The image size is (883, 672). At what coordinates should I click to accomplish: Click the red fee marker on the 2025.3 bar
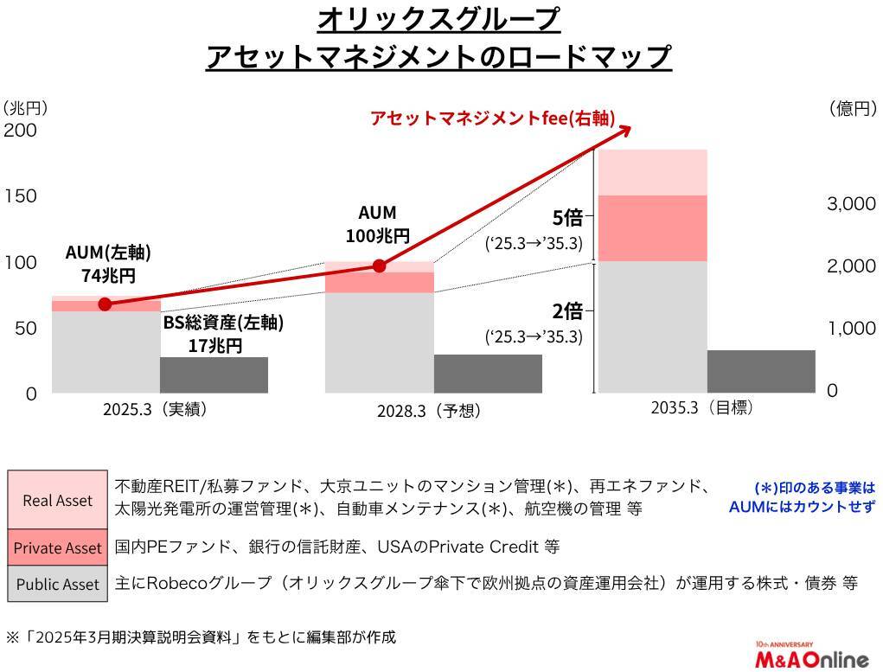(x=105, y=304)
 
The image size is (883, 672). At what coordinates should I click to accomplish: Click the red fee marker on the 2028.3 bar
(x=379, y=266)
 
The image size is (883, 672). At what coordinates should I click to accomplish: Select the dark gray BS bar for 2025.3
(x=214, y=374)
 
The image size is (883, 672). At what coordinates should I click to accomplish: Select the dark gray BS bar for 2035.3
(x=761, y=371)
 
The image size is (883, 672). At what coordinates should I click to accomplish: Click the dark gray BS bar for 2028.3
(x=488, y=373)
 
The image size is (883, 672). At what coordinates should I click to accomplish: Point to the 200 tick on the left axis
(x=21, y=131)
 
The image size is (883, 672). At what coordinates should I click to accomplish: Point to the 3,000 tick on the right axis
(x=851, y=204)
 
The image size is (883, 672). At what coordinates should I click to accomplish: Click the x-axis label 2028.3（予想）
(x=428, y=412)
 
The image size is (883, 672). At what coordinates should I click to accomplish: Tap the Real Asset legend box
(x=57, y=500)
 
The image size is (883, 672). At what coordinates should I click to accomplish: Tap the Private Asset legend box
(x=57, y=547)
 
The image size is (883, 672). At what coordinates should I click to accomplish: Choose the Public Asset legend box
(x=57, y=584)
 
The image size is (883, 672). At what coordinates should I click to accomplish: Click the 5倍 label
(x=567, y=217)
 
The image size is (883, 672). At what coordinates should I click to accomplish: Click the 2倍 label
(x=567, y=310)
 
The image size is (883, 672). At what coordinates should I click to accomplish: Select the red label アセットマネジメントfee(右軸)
(x=492, y=118)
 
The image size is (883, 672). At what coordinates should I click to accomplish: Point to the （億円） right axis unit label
(x=853, y=109)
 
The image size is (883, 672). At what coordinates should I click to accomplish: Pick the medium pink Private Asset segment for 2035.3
(x=653, y=227)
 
